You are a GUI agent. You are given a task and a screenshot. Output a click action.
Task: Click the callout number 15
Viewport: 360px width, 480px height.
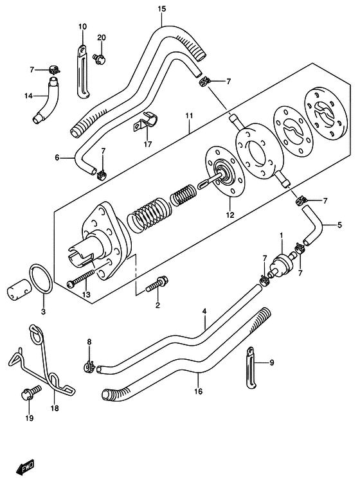click(x=162, y=9)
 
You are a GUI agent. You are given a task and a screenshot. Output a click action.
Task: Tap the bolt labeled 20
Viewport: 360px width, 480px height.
click(x=101, y=58)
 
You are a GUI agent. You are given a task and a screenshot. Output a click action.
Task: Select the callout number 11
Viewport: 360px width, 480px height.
click(x=189, y=116)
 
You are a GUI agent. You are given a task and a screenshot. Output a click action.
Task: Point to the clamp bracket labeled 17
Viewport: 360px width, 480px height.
click(x=145, y=122)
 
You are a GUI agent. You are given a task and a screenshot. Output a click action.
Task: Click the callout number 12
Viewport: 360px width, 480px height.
click(x=230, y=215)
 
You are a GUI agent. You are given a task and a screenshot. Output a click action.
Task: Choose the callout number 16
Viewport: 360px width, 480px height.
click(x=198, y=391)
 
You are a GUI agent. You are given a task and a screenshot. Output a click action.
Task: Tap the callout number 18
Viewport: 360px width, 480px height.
click(x=55, y=408)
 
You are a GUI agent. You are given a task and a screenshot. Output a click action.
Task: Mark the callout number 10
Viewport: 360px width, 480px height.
click(x=82, y=26)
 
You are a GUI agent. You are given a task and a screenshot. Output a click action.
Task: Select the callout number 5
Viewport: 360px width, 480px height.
click(x=339, y=226)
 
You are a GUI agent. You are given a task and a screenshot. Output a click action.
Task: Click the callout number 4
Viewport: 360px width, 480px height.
click(x=204, y=312)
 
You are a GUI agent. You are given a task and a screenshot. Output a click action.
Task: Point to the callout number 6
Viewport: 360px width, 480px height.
click(x=57, y=157)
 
